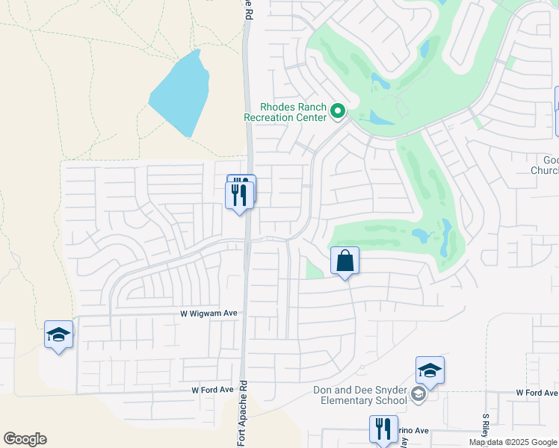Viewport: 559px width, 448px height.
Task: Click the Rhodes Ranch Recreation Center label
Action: pyautogui.click(x=285, y=112)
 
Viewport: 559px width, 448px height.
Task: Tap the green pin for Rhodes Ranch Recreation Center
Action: pyautogui.click(x=338, y=112)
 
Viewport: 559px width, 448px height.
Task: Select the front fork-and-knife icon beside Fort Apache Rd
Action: pyautogui.click(x=239, y=196)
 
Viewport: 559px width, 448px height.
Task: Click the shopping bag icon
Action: pyautogui.click(x=345, y=261)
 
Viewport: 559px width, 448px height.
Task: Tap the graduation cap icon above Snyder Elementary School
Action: pyautogui.click(x=430, y=371)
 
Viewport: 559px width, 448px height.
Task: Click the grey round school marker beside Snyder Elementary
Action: pyautogui.click(x=419, y=394)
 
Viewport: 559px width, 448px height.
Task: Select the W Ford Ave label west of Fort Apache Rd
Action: pyautogui.click(x=212, y=390)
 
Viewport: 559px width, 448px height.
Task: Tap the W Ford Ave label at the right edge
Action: pyautogui.click(x=537, y=393)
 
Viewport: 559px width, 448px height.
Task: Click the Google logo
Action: pyautogui.click(x=25, y=439)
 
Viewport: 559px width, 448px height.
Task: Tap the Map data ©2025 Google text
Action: pyautogui.click(x=513, y=442)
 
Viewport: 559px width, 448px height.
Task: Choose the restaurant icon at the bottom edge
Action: pyautogui.click(x=383, y=429)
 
